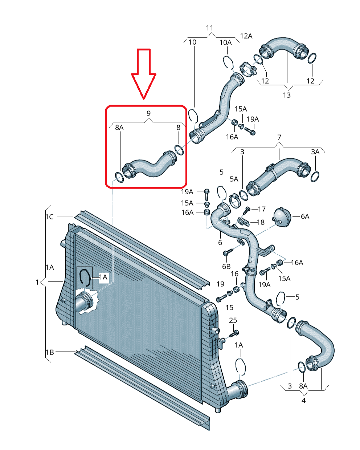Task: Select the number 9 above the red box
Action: [x=148, y=113]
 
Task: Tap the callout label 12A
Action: [x=246, y=36]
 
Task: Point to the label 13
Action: [x=287, y=95]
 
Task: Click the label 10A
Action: [x=225, y=42]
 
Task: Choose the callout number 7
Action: [x=279, y=137]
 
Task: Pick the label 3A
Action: [x=315, y=152]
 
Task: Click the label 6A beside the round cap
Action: [x=305, y=216]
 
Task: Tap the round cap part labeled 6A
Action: [x=282, y=217]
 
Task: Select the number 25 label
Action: [x=233, y=320]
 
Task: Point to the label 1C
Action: [x=50, y=217]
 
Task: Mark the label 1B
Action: [x=50, y=352]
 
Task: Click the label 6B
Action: [x=226, y=267]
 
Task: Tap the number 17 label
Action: [x=262, y=209]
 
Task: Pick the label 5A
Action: [x=234, y=179]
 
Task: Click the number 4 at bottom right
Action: [x=304, y=401]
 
